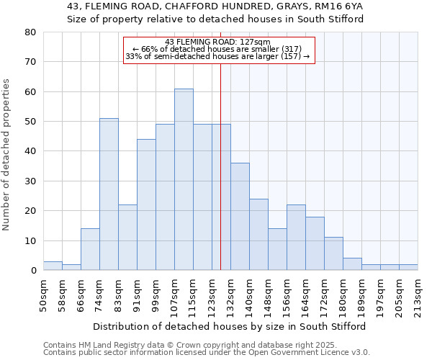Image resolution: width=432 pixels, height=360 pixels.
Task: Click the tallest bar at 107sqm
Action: pyautogui.click(x=184, y=179)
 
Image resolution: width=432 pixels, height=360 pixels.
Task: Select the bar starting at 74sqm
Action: pyautogui.click(x=109, y=194)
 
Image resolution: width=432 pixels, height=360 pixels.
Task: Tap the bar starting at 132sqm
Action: pyautogui.click(x=240, y=216)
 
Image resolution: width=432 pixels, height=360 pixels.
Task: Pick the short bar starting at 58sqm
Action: pyautogui.click(x=71, y=267)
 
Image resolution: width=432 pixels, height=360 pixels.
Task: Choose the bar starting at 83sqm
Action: pyautogui.click(x=127, y=238)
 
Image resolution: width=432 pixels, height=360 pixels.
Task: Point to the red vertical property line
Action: pyautogui.click(x=220, y=180)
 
